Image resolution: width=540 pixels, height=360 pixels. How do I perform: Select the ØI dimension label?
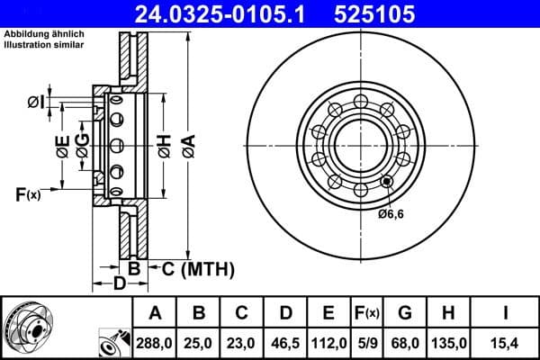tap(35, 102)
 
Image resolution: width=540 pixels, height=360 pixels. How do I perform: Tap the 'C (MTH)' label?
tap(198, 267)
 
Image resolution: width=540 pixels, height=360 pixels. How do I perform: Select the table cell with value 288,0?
tap(156, 344)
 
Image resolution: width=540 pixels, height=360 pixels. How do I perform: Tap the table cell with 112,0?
tap(328, 344)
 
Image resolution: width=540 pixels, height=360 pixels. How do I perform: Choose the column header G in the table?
tap(404, 313)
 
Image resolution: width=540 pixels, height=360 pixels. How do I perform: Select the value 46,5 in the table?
tap(285, 344)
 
